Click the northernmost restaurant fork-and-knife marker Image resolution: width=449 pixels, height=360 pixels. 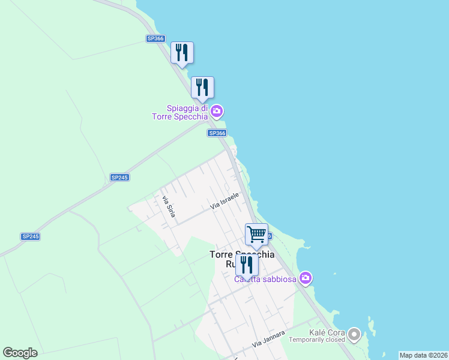182,53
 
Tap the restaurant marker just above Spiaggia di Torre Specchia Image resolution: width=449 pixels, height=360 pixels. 202,88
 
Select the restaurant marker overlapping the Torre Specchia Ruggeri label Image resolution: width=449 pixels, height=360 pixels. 247,265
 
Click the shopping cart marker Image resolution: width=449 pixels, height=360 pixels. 256,234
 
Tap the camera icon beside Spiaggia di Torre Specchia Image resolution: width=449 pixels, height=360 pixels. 217,111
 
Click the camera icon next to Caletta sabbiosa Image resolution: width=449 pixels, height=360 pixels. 306,278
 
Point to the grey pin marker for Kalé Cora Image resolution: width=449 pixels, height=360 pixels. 354,333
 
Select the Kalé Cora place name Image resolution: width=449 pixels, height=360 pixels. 326,332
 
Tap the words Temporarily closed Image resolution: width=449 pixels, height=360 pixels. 317,340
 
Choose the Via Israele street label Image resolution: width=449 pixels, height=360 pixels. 225,201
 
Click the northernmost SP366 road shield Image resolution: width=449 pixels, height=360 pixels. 155,38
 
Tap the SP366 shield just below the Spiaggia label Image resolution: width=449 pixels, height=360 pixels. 217,133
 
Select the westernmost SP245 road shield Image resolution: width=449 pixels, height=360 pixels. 30,236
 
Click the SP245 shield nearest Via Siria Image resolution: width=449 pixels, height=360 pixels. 120,178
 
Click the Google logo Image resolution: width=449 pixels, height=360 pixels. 20,353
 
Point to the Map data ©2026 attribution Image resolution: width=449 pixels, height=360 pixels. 423,355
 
